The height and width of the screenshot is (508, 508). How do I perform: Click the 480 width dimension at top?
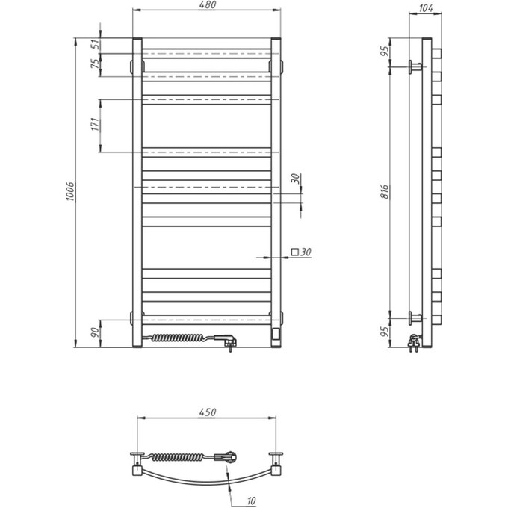pos(206,6)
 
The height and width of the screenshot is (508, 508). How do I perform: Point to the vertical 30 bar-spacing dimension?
pos(296,179)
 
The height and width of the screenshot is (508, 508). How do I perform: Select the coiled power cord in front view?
pos(182,339)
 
